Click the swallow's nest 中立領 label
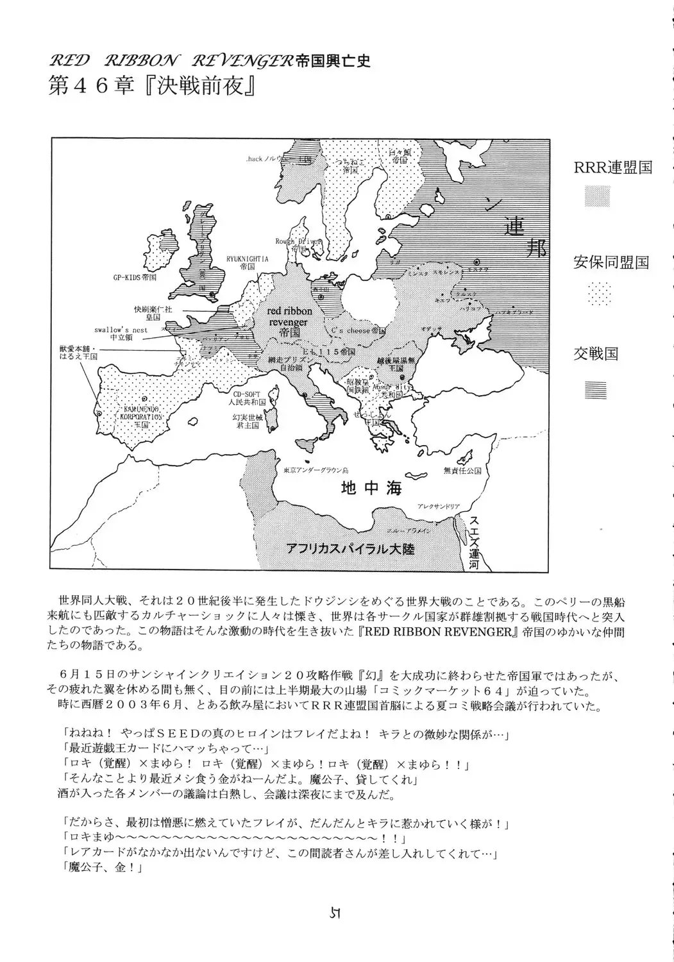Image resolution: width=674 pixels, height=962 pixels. (121, 333)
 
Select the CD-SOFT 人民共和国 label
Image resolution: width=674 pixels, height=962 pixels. (249, 398)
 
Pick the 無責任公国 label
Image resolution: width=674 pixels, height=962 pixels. (461, 471)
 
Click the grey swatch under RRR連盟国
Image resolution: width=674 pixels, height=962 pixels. (597, 197)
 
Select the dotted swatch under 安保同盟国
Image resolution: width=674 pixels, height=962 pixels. (597, 294)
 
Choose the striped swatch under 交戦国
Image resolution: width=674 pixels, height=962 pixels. (597, 389)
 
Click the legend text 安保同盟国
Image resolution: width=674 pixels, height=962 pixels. (611, 262)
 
